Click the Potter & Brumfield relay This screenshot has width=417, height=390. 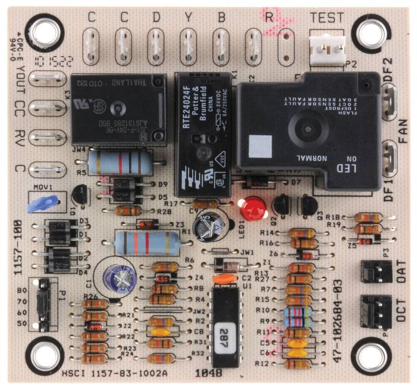(x=203, y=133)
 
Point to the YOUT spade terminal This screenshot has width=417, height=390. (x=47, y=79)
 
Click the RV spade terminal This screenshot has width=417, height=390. (x=47, y=138)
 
